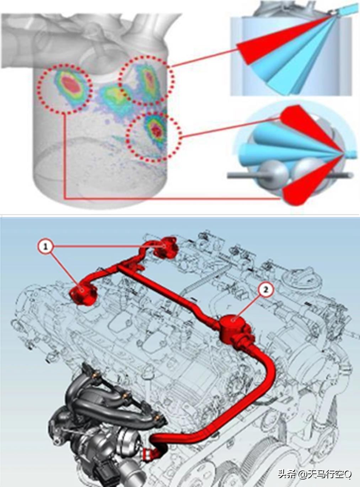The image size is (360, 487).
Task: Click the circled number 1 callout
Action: click(45, 247)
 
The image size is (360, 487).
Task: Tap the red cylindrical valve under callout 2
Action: click(233, 324)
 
